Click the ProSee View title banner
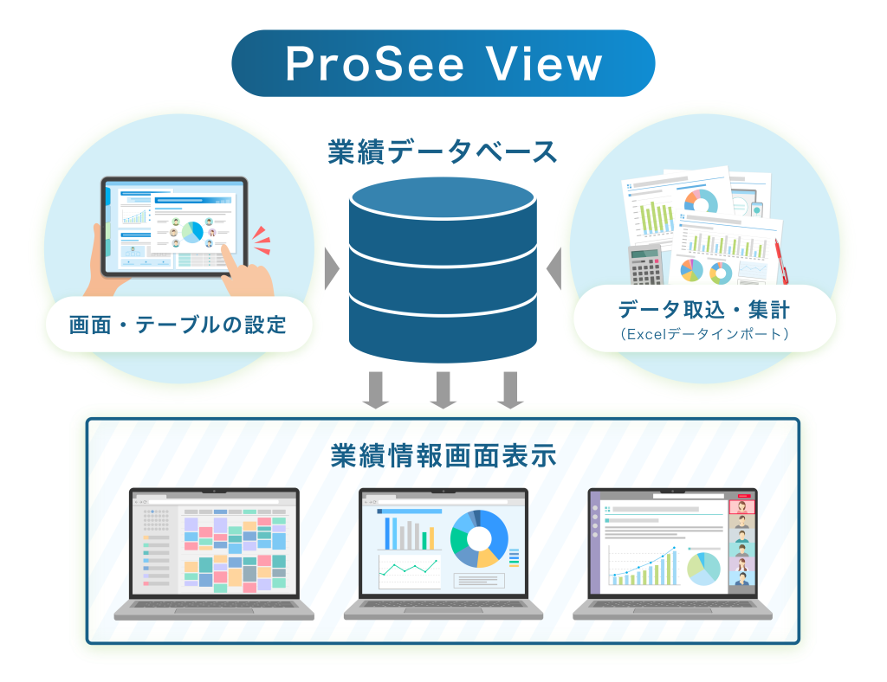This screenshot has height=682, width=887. (443, 63)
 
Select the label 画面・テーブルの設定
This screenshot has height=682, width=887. (178, 325)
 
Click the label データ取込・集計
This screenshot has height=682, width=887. (703, 309)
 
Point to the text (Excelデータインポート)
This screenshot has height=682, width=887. (704, 332)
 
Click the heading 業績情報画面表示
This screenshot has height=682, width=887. (443, 455)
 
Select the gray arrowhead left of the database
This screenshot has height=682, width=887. (331, 269)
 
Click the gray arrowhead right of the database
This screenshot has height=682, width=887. (554, 269)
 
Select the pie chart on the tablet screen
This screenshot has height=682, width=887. (191, 231)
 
